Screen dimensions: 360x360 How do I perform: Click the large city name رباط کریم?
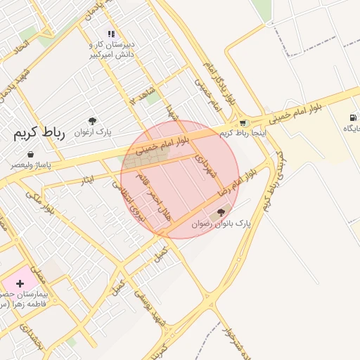click(x=39, y=134)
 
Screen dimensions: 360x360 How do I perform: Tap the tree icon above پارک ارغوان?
click(x=92, y=121)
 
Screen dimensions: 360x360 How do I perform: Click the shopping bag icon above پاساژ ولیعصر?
click(x=30, y=153)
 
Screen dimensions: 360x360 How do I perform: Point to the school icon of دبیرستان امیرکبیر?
click(x=110, y=34)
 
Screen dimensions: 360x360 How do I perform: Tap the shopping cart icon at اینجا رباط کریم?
click(x=244, y=123)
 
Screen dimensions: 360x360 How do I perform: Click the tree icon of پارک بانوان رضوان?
click(x=221, y=212)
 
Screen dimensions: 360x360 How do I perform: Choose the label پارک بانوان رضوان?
click(x=231, y=223)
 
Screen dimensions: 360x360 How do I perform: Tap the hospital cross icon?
click(x=20, y=283)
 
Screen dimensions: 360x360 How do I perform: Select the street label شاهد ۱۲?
click(x=144, y=96)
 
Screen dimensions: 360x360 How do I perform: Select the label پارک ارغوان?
click(x=94, y=131)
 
